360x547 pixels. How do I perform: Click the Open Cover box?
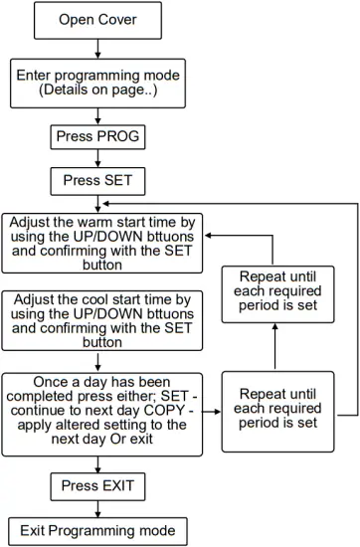[x=97, y=20]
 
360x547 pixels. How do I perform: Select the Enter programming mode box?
[x=97, y=83]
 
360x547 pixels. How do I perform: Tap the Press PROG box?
[x=97, y=136]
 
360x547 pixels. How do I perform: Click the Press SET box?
[x=97, y=182]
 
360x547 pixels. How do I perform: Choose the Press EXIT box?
[x=97, y=486]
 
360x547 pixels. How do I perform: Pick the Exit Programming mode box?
[x=97, y=530]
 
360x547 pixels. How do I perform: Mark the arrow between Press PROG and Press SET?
[x=97, y=159]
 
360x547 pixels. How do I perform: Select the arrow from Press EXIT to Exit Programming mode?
[x=97, y=508]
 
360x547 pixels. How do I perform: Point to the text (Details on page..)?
[x=97, y=91]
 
